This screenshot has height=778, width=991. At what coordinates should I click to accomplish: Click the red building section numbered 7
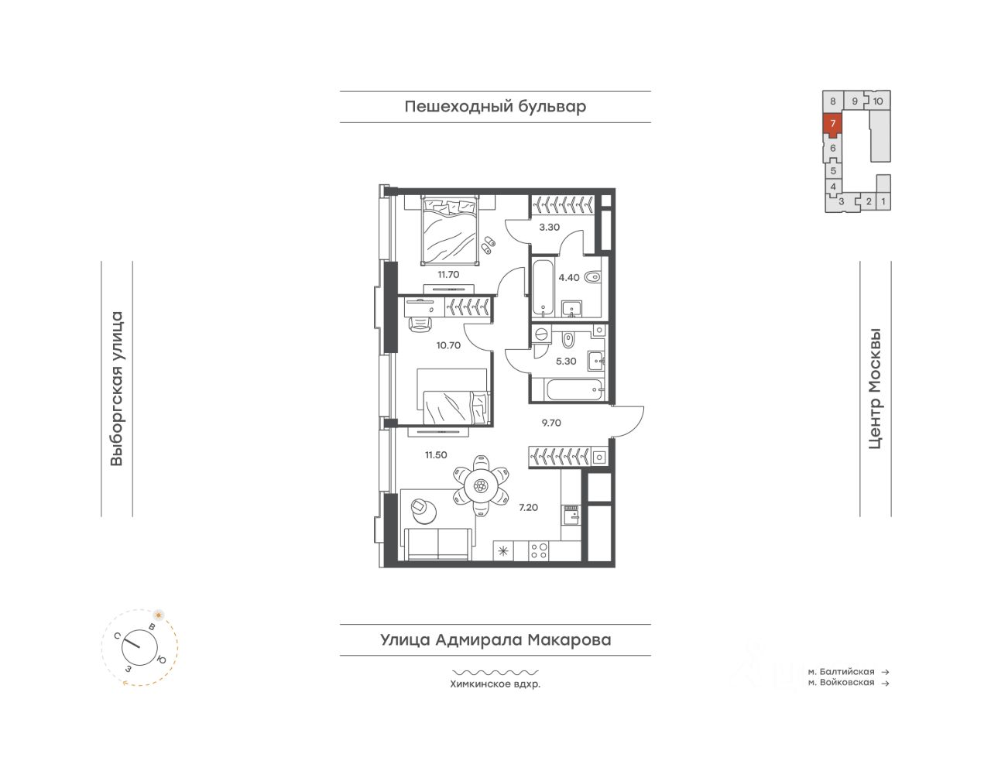click(832, 124)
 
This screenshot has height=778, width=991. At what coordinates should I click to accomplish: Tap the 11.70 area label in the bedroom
click(448, 274)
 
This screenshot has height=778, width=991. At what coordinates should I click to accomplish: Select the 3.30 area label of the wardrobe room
click(549, 227)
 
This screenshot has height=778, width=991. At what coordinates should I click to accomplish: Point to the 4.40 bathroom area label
click(569, 278)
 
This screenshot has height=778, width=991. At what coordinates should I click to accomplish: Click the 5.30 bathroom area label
click(566, 361)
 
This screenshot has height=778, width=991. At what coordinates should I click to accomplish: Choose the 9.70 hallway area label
click(551, 423)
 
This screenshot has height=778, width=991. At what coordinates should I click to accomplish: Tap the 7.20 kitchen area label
click(528, 507)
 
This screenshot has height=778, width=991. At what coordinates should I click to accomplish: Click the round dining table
click(480, 486)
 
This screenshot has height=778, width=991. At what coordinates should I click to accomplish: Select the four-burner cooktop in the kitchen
click(539, 550)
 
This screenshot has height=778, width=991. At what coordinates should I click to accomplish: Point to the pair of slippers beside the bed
click(489, 245)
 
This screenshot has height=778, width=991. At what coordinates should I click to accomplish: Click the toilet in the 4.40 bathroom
click(592, 277)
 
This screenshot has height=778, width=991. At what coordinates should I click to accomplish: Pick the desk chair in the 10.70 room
click(420, 324)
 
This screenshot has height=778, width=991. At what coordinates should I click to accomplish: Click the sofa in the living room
click(437, 543)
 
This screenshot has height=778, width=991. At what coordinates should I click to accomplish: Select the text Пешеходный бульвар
click(495, 107)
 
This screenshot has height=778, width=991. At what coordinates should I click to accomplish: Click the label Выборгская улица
click(117, 389)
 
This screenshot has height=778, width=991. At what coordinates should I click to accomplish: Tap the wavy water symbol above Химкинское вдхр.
click(495, 672)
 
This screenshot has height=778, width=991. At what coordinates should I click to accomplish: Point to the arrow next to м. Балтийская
click(885, 672)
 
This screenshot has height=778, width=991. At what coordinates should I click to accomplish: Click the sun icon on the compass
click(158, 615)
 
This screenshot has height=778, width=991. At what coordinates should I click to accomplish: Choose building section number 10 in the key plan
click(878, 101)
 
